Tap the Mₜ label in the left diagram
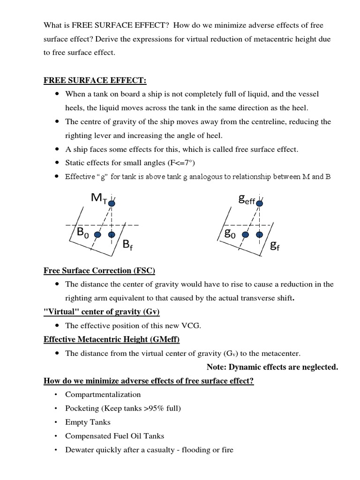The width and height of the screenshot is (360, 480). [x=99, y=198]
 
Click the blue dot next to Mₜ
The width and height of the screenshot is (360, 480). [x=112, y=202]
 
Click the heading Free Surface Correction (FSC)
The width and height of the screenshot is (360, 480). [x=99, y=270]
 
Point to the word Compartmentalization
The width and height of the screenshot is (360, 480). [x=103, y=394]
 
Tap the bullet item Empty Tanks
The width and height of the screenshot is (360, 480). [x=88, y=422]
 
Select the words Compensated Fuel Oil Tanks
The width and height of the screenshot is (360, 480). [x=114, y=436]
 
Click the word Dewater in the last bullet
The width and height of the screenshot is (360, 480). [x=79, y=450]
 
